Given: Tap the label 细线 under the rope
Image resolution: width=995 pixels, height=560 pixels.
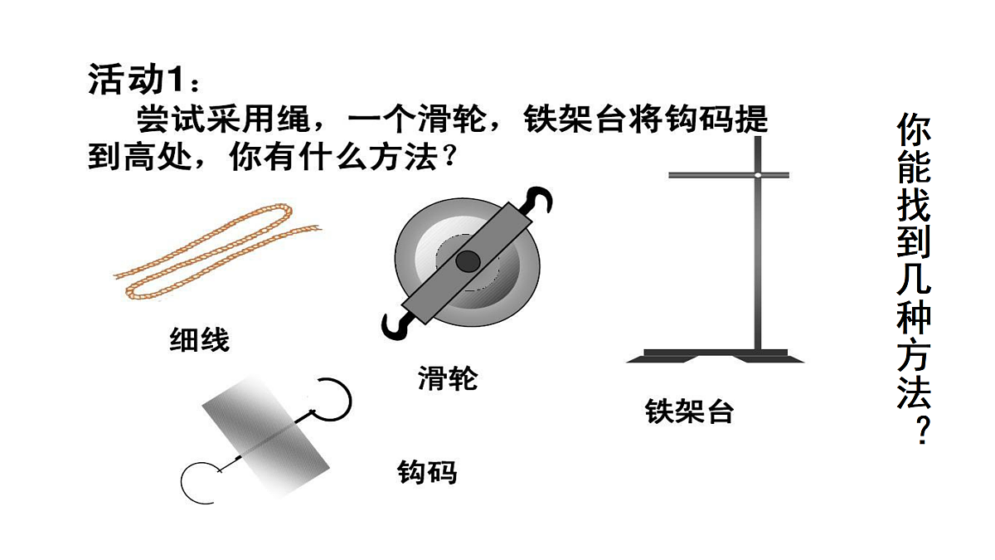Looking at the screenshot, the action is pyautogui.click(x=200, y=340).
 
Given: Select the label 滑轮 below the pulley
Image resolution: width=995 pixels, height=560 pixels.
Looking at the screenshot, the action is pyautogui.click(x=448, y=378).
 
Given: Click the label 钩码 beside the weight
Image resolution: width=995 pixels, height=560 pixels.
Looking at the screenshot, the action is pyautogui.click(x=427, y=472).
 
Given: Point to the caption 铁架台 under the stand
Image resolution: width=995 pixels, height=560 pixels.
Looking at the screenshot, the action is pyautogui.click(x=689, y=411).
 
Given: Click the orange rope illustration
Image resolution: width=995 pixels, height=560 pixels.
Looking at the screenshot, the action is pyautogui.click(x=217, y=251).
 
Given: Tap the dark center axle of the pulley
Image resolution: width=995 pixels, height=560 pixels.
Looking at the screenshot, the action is pyautogui.click(x=468, y=261).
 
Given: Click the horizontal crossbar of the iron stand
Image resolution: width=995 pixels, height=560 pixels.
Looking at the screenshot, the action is pyautogui.click(x=729, y=175).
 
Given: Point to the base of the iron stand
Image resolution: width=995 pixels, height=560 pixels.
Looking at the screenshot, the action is pyautogui.click(x=715, y=356).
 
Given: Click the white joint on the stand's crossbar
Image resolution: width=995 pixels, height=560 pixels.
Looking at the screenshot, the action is pyautogui.click(x=758, y=175).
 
